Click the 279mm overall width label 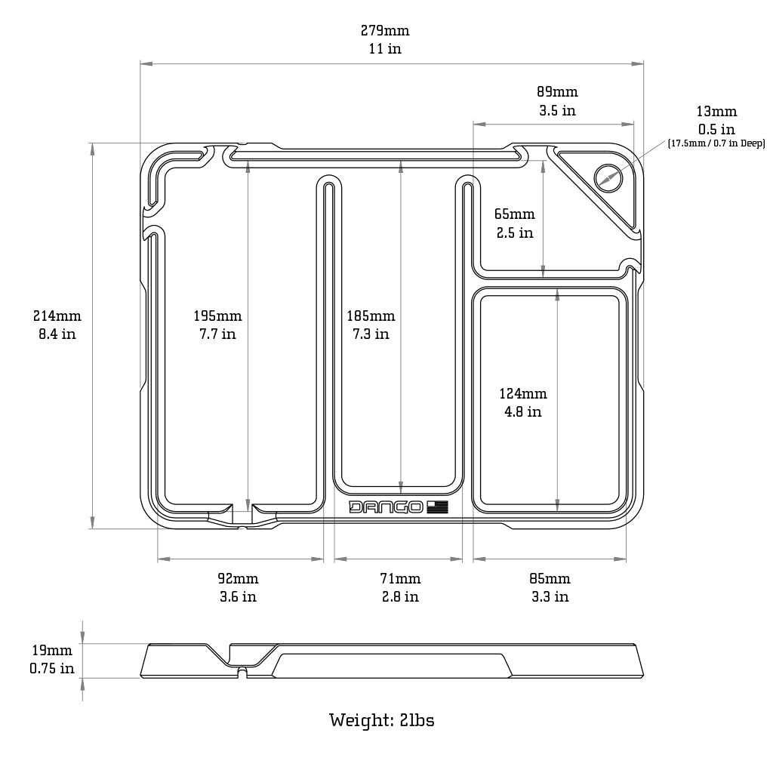pyautogui.click(x=385, y=31)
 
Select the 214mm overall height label pyautogui.click(x=57, y=316)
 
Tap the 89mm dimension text pyautogui.click(x=557, y=92)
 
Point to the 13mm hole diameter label pyautogui.click(x=716, y=112)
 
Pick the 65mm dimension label pyautogui.click(x=514, y=214)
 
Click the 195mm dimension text pyautogui.click(x=217, y=316)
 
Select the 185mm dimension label pyautogui.click(x=371, y=316)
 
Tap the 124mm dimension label pyautogui.click(x=523, y=393)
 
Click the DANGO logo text pyautogui.click(x=386, y=507)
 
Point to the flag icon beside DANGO pyautogui.click(x=437, y=507)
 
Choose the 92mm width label pyautogui.click(x=238, y=579)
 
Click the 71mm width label pyautogui.click(x=400, y=579)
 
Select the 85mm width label pyautogui.click(x=550, y=579)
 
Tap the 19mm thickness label pyautogui.click(x=52, y=650)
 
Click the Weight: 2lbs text pyautogui.click(x=381, y=720)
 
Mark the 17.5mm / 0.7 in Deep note pyautogui.click(x=716, y=143)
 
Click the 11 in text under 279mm pyautogui.click(x=385, y=49)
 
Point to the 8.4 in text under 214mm pyautogui.click(x=57, y=334)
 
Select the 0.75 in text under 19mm pyautogui.click(x=52, y=668)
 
